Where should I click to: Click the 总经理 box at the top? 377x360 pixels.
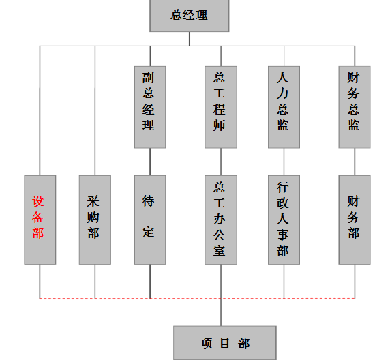click(x=190, y=16)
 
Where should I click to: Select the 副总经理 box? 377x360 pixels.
click(x=150, y=107)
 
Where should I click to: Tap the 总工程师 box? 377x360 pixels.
click(x=221, y=107)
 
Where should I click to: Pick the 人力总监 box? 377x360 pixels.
click(x=284, y=107)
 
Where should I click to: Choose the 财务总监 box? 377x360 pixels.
click(x=355, y=107)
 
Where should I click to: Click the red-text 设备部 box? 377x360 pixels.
click(x=40, y=220)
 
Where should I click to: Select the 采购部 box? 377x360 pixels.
click(x=95, y=220)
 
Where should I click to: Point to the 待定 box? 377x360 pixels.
click(x=150, y=220)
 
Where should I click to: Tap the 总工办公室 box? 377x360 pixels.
click(x=221, y=220)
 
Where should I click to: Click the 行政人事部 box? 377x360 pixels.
click(x=284, y=220)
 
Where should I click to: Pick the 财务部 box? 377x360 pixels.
click(x=355, y=220)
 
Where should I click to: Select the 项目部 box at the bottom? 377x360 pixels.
click(x=225, y=343)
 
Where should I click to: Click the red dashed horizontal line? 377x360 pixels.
click(x=197, y=299)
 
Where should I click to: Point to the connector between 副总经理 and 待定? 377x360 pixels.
click(x=150, y=162)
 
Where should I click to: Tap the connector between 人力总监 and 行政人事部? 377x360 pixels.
click(x=284, y=162)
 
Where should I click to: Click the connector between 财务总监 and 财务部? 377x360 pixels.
click(x=355, y=162)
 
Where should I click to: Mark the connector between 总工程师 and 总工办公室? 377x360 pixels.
click(x=221, y=162)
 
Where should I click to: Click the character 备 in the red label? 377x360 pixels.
click(x=38, y=217)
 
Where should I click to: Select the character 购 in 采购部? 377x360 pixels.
click(x=93, y=217)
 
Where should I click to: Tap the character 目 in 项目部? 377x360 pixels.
click(x=224, y=343)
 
